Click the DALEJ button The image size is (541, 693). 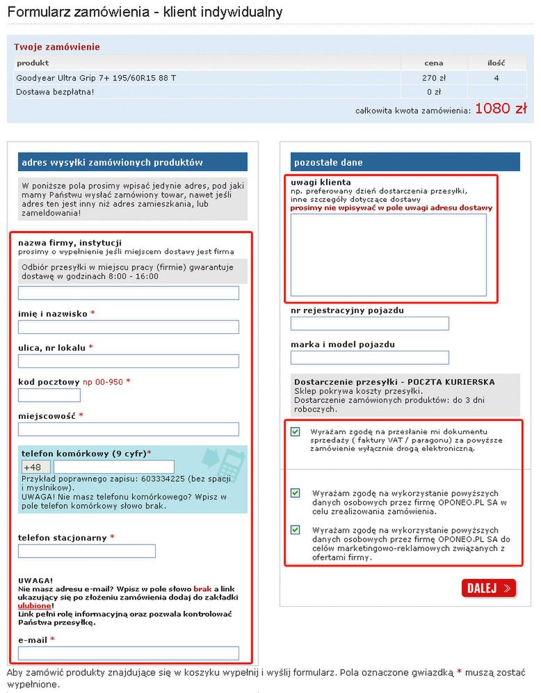pyautogui.click(x=488, y=588)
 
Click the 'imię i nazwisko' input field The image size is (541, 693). pyautogui.click(x=129, y=327)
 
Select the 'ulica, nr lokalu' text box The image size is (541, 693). pyautogui.click(x=129, y=361)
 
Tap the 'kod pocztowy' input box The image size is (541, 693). pyautogui.click(x=49, y=395)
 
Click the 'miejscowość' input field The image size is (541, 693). pyautogui.click(x=129, y=429)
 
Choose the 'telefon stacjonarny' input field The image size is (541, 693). pyautogui.click(x=87, y=551)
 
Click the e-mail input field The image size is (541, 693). pyautogui.click(x=129, y=653)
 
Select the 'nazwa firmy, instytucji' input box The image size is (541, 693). pyautogui.click(x=129, y=293)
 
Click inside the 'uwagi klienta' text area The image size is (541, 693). pyautogui.click(x=388, y=255)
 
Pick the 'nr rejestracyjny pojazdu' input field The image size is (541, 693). pyautogui.click(x=370, y=324)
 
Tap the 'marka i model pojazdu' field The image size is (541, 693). pyautogui.click(x=370, y=358)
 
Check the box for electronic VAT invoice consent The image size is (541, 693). pyautogui.click(x=296, y=432)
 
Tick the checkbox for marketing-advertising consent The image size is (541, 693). pyautogui.click(x=296, y=530)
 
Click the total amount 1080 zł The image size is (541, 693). pyautogui.click(x=501, y=109)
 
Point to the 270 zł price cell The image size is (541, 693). pyautogui.click(x=434, y=78)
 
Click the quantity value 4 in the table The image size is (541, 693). pyautogui.click(x=496, y=78)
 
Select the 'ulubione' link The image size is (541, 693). pyautogui.click(x=34, y=605)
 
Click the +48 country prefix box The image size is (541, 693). pyautogui.click(x=36, y=467)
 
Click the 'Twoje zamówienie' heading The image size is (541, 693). pyautogui.click(x=57, y=47)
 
